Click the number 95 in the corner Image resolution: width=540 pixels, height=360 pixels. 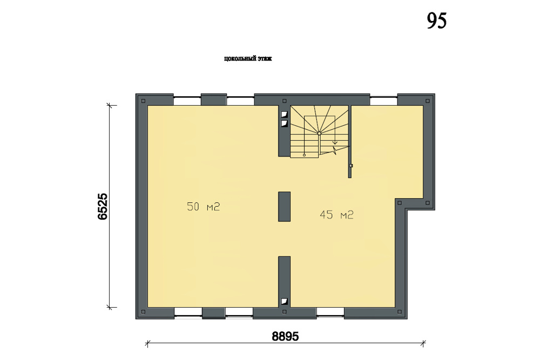(437, 21)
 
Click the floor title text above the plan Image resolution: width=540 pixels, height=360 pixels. (248, 58)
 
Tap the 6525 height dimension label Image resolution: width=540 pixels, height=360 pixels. (103, 206)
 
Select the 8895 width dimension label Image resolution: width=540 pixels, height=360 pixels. (285, 336)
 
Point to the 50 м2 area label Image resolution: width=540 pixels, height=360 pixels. (203, 207)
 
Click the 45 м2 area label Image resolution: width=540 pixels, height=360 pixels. (336, 215)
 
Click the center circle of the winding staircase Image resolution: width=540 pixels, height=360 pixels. (319, 133)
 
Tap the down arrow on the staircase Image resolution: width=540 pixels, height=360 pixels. (335, 142)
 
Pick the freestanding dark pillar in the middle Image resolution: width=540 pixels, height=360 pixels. (284, 207)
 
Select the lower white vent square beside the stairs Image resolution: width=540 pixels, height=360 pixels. (284, 124)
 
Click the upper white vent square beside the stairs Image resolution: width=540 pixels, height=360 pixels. (284, 114)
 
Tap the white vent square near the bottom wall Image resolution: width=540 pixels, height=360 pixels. (284, 302)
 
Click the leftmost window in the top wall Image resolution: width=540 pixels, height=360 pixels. (187, 101)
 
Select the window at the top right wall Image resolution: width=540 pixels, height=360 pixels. (383, 101)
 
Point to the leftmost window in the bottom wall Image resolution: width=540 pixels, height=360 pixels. (188, 312)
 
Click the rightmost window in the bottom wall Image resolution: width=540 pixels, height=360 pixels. (330, 312)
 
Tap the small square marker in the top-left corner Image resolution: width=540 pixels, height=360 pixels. (143, 101)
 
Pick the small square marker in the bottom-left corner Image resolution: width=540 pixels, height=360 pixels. (143, 312)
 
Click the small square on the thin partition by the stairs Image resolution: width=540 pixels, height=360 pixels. (351, 166)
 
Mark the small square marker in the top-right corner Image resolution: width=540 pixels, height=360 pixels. (427, 101)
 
